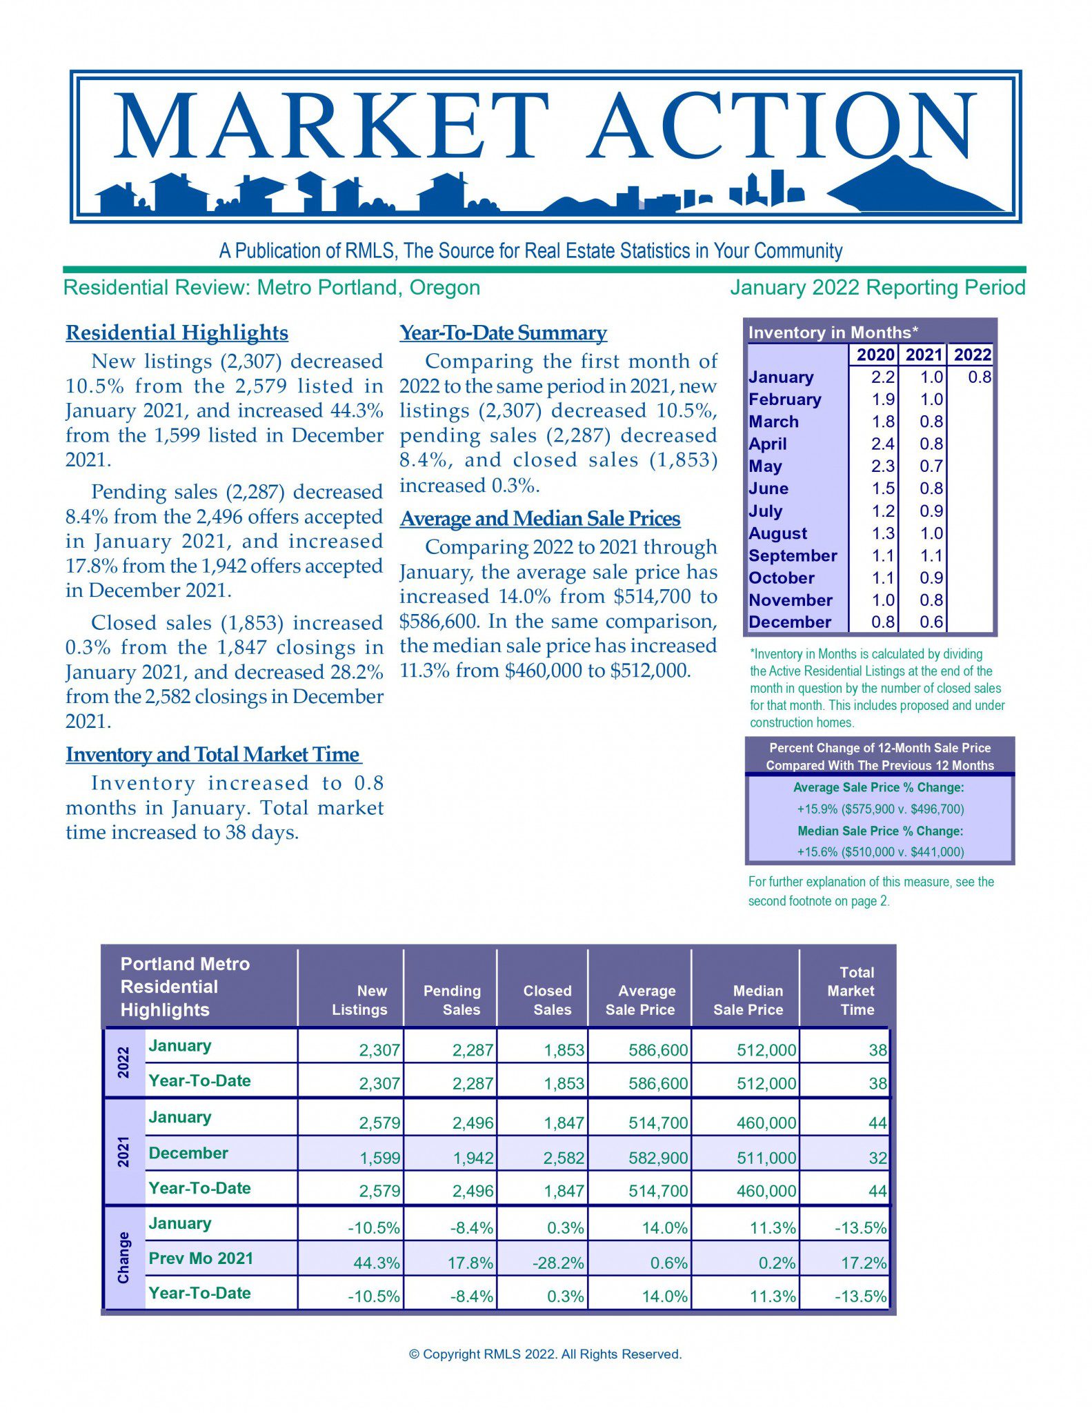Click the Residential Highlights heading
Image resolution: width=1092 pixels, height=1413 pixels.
pyautogui.click(x=177, y=333)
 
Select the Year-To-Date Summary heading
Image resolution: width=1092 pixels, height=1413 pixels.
pyautogui.click(x=503, y=333)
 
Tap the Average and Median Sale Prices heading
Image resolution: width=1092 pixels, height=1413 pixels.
pyautogui.click(x=540, y=518)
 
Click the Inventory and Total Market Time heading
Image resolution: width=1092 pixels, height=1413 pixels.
pyautogui.click(x=212, y=754)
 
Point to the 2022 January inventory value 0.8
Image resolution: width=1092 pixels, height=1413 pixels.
pyautogui.click(x=979, y=377)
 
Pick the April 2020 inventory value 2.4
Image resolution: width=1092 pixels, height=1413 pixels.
pyautogui.click(x=882, y=444)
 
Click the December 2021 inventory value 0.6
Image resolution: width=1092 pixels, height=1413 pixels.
pyautogui.click(x=931, y=622)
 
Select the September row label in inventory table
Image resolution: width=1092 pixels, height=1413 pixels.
pyautogui.click(x=793, y=555)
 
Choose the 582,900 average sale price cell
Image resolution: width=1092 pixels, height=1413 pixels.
pyautogui.click(x=657, y=1158)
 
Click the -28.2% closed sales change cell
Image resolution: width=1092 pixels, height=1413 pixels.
pyautogui.click(x=558, y=1263)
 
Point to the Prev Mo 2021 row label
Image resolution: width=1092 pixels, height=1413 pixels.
pyautogui.click(x=201, y=1258)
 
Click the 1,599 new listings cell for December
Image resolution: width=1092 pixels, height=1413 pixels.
pyautogui.click(x=379, y=1158)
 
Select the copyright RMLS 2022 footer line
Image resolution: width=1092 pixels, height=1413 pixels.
pyautogui.click(x=545, y=1354)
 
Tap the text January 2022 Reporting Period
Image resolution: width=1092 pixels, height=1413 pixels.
pyautogui.click(x=877, y=287)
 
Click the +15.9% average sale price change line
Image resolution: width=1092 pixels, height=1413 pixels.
pyautogui.click(x=880, y=809)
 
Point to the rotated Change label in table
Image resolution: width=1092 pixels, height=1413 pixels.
pyautogui.click(x=123, y=1257)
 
